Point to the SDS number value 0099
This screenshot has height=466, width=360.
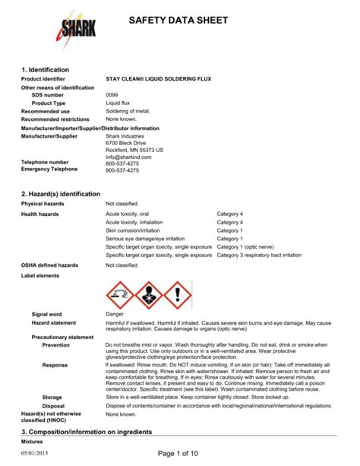coord(112,95)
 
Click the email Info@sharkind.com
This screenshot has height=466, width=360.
coord(129,157)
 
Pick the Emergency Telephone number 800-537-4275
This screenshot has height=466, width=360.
coord(122,171)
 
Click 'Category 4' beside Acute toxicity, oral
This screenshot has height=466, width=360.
coord(230,214)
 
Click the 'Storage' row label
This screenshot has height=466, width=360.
coord(52,397)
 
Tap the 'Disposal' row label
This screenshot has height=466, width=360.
coord(53,406)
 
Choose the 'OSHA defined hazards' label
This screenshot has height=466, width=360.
coord(49,265)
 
